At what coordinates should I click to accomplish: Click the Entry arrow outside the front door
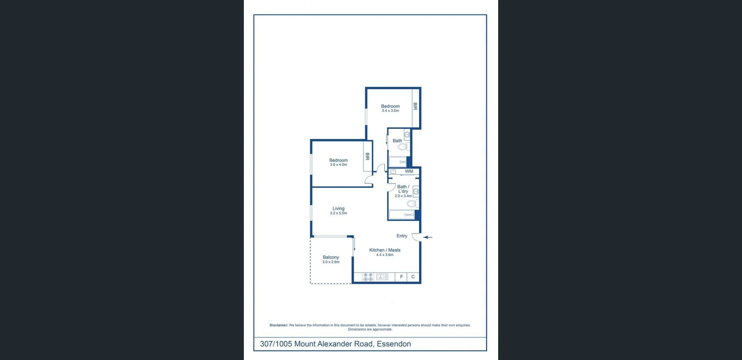click(x=428, y=237)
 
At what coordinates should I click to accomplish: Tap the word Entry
click(x=402, y=236)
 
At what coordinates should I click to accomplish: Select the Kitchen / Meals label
click(x=385, y=250)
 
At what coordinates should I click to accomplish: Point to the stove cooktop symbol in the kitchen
click(x=368, y=277)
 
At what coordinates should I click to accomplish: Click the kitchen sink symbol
click(x=382, y=277)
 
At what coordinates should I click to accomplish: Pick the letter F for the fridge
click(x=402, y=277)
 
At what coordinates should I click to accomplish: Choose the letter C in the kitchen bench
click(x=413, y=277)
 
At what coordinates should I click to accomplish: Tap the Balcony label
click(x=331, y=257)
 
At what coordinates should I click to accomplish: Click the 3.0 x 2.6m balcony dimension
click(x=331, y=262)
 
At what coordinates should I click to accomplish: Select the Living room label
click(x=339, y=208)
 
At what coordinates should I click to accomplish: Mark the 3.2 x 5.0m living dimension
click(x=339, y=213)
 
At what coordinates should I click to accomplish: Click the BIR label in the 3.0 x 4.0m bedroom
click(x=368, y=156)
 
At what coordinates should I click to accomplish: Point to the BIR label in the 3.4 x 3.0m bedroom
click(x=415, y=106)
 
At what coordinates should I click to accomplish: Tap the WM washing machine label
click(x=409, y=171)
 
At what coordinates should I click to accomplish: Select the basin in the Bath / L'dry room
click(x=416, y=191)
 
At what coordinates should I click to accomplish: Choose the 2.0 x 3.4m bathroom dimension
click(x=403, y=196)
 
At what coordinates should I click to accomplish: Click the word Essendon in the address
click(x=394, y=344)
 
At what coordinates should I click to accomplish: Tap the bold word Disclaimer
click(x=279, y=325)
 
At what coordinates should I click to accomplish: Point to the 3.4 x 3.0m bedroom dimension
click(x=390, y=111)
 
